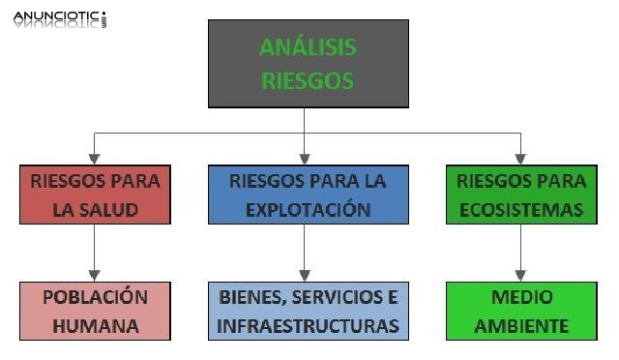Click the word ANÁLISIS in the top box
pyautogui.click(x=308, y=47)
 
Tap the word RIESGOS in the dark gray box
pyautogui.click(x=308, y=80)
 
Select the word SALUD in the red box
pyautogui.click(x=108, y=209)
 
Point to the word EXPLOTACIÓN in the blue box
pyautogui.click(x=307, y=209)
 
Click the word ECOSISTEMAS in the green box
pyautogui.click(x=521, y=209)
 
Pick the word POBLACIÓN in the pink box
pyautogui.click(x=94, y=297)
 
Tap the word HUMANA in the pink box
pyautogui.click(x=94, y=325)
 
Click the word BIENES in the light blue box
pyautogui.click(x=249, y=297)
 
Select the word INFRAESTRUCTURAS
pyautogui.click(x=309, y=325)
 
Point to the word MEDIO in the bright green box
pyautogui.click(x=520, y=297)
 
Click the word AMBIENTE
pyautogui.click(x=520, y=325)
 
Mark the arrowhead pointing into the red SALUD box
pyautogui.click(x=94, y=159)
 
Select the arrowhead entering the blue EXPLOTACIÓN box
pyautogui.click(x=306, y=159)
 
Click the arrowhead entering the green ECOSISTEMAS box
pyautogui.click(x=520, y=159)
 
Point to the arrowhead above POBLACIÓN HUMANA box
pyautogui.click(x=94, y=275)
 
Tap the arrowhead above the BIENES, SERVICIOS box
pyautogui.click(x=306, y=275)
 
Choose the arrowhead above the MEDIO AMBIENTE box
pyautogui.click(x=520, y=275)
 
